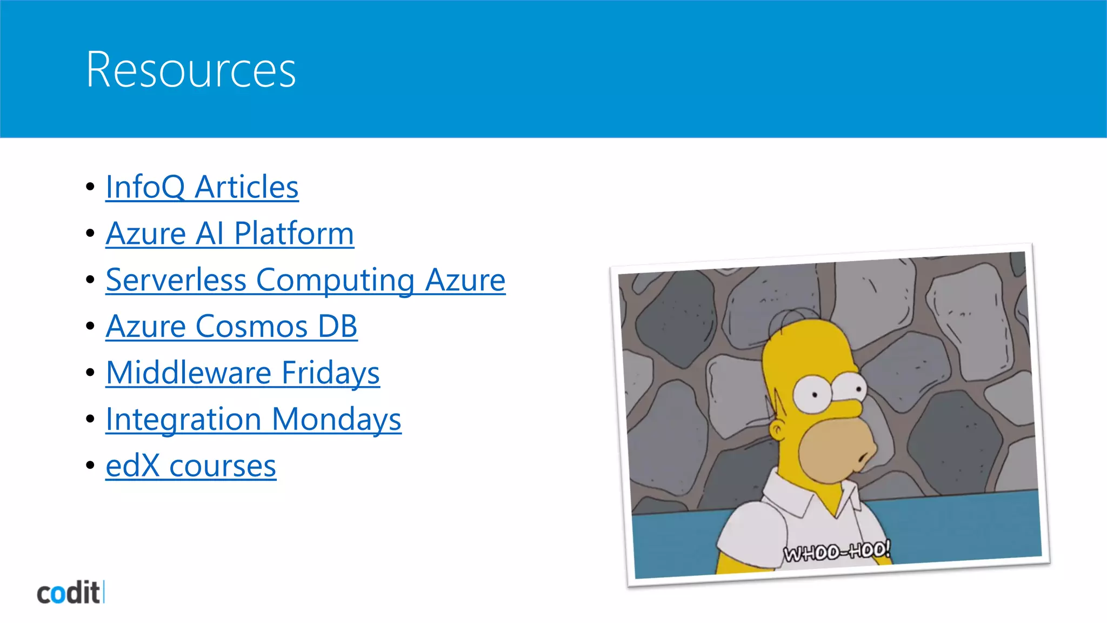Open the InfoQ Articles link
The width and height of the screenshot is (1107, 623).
(202, 187)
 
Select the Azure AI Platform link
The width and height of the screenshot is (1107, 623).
(230, 234)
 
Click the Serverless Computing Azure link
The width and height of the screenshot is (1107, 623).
(305, 280)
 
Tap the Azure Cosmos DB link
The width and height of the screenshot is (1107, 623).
(231, 327)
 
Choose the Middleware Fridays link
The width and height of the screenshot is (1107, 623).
(243, 373)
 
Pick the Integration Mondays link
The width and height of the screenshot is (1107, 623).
(253, 420)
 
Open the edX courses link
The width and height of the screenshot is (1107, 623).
(191, 466)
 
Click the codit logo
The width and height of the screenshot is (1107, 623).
(70, 593)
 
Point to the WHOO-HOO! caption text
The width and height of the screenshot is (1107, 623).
(836, 552)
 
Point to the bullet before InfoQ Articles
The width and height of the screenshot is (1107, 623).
(90, 187)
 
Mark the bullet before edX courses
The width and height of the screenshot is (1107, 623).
(90, 466)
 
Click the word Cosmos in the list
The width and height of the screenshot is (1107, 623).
(252, 327)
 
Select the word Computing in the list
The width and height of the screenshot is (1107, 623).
(335, 280)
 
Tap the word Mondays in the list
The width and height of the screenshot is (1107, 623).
(336, 420)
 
